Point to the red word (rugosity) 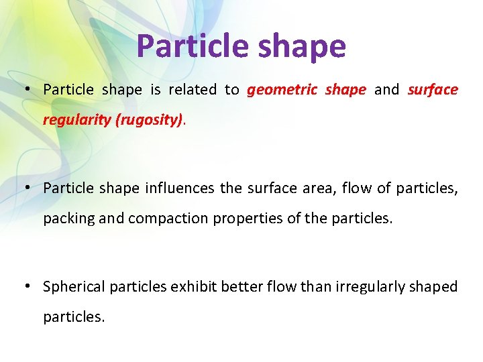click(x=151, y=121)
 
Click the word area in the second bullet click(x=318, y=188)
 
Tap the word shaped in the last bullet click(x=435, y=287)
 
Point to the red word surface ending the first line click(x=433, y=90)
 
